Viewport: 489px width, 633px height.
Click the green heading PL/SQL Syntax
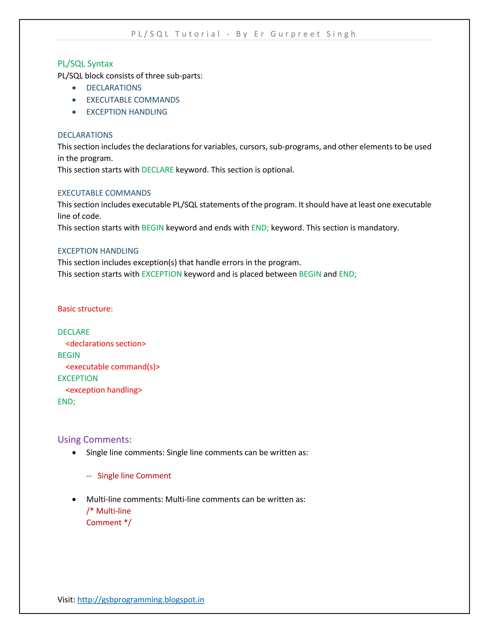coord(85,64)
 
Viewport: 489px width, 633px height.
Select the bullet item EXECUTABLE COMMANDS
coord(133,100)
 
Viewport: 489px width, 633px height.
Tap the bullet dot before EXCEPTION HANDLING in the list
coord(74,112)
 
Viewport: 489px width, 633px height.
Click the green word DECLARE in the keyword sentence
coord(157,170)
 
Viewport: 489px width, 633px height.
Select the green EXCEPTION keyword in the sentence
coord(161,274)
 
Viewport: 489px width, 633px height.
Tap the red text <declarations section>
coord(106,344)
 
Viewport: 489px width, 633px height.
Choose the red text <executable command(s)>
coord(112,367)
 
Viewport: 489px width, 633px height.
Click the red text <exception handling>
coord(104,390)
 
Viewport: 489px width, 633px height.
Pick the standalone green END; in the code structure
coord(66,402)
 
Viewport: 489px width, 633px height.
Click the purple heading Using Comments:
coord(95,440)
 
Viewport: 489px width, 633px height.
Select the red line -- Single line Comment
coord(129,476)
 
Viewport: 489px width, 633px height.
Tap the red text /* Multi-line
coord(108,511)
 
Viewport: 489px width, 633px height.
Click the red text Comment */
coord(109,523)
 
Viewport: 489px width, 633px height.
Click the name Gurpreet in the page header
coord(295,34)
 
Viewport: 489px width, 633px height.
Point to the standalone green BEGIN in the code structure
coord(69,355)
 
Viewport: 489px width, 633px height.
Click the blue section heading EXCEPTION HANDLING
coord(98,251)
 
